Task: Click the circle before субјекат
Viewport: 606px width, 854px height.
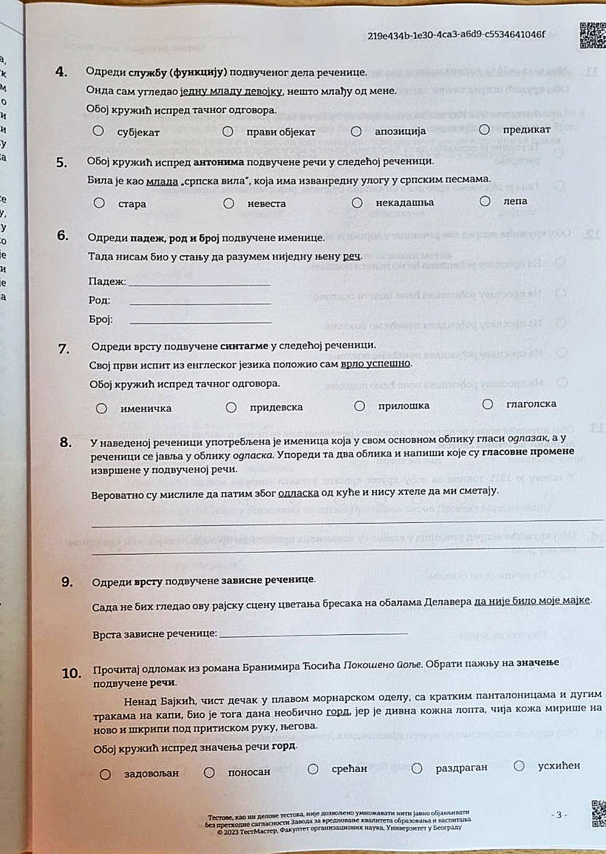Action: click(x=98, y=131)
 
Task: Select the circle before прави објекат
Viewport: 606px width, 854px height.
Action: click(x=227, y=132)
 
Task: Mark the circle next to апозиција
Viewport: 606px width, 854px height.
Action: click(x=356, y=131)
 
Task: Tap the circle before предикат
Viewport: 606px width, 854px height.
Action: click(x=484, y=130)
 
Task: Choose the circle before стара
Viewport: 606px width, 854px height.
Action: click(x=99, y=203)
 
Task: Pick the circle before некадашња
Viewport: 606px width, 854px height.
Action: click(x=357, y=203)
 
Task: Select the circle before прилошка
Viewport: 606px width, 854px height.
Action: click(x=359, y=406)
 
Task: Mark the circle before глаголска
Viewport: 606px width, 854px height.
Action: click(x=487, y=404)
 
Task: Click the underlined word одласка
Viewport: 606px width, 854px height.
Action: click(x=298, y=493)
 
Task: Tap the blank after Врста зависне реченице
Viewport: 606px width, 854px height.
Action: click(x=313, y=633)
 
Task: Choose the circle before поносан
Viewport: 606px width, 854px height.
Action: click(x=209, y=773)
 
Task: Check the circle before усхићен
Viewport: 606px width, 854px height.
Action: click(x=519, y=766)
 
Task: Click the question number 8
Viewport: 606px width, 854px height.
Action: click(x=66, y=442)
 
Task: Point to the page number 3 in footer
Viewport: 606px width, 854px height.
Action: click(x=559, y=815)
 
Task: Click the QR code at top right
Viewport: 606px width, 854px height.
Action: click(x=593, y=36)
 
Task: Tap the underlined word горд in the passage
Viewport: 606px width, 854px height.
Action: click(x=337, y=712)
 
